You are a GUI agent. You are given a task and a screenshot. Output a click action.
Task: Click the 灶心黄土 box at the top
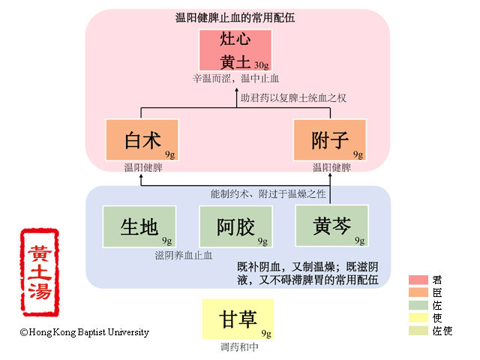235,50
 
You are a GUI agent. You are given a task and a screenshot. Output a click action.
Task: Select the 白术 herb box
142,140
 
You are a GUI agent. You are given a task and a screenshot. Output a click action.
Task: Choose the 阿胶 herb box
235,226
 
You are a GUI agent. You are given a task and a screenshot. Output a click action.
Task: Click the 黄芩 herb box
331,226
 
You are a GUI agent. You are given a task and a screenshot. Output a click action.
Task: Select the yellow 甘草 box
238,319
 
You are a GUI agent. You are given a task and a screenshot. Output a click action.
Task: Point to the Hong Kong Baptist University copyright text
85,332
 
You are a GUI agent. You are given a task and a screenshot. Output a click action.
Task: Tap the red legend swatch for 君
418,280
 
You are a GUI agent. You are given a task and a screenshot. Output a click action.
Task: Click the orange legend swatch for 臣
418,292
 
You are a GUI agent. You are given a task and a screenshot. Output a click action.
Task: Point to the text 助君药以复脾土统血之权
292,97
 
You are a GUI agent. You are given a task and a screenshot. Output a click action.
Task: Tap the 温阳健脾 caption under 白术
143,167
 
